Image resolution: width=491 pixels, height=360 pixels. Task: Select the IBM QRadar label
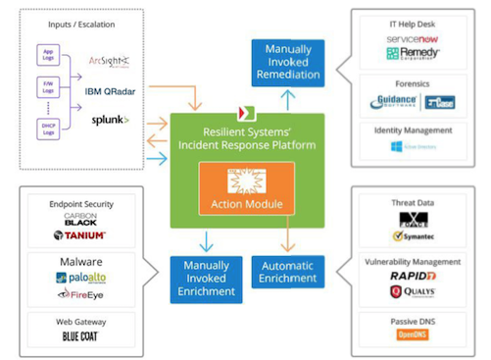pyautogui.click(x=113, y=91)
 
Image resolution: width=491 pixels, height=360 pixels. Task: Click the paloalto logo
pyautogui.click(x=83, y=278)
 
